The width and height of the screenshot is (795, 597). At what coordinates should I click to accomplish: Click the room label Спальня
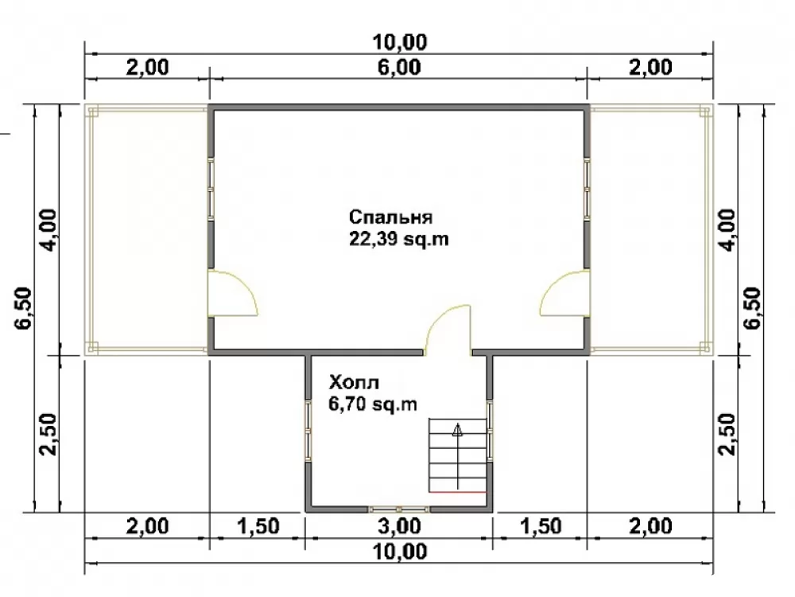pos(390,217)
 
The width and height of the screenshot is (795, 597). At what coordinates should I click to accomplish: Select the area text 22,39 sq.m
pos(399,239)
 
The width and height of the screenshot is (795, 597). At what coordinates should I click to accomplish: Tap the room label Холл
pos(354,382)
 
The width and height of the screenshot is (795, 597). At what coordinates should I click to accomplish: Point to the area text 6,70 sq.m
pos(373,404)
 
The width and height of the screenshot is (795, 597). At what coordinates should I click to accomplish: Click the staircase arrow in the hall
pos(458,456)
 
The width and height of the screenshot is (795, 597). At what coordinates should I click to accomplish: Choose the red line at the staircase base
pos(458,492)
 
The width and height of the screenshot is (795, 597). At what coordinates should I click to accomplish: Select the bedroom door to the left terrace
pos(233,294)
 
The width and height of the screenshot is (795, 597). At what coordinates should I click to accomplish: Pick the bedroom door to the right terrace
pos(564,294)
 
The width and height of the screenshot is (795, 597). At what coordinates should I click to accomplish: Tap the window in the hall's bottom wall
pos(399,509)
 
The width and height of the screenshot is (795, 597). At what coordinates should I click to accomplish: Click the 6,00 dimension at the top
pos(399,67)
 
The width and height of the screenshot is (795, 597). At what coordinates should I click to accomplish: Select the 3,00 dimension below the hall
pos(399,526)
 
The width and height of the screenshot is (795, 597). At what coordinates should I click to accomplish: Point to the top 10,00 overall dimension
pos(400,41)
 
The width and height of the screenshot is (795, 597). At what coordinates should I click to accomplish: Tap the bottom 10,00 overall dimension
pos(400,552)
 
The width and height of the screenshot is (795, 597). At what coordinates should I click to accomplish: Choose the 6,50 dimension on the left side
pos(24,308)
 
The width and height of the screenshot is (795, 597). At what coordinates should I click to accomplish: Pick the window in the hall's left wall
pos(308,431)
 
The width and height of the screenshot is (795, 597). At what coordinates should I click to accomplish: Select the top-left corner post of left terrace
pos(91,111)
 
